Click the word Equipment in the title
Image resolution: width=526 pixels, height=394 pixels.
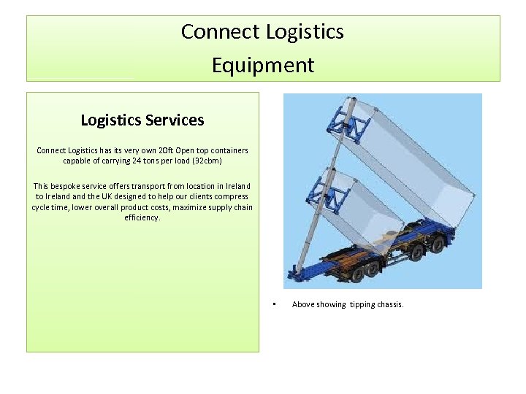[x=263, y=65]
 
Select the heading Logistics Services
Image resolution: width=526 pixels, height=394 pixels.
[x=142, y=120]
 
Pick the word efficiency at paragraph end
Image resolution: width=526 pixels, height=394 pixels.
[x=142, y=217]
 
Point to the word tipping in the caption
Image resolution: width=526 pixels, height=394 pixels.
[x=361, y=304]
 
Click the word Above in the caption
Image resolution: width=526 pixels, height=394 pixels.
[x=303, y=304]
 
